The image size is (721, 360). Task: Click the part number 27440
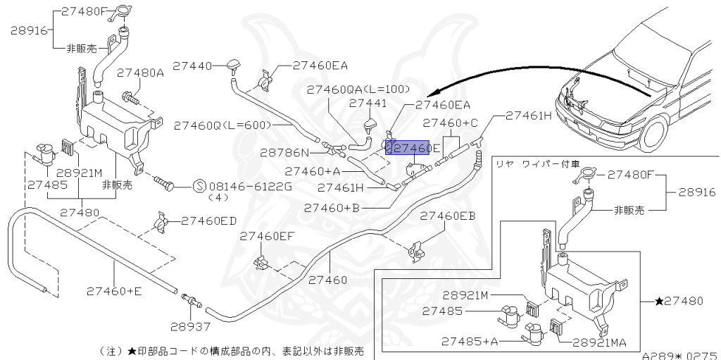[x=192, y=66]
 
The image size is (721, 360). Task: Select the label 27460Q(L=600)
[x=222, y=125]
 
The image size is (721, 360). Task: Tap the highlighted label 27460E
[x=408, y=148]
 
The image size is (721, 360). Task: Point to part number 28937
[x=190, y=327]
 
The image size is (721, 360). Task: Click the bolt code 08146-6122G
[x=251, y=187]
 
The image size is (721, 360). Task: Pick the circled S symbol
[x=199, y=187]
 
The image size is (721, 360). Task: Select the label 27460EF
[x=267, y=236]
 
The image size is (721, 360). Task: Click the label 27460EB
[x=448, y=216]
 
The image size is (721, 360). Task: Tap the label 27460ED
[x=208, y=221]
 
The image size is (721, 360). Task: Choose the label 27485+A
[x=470, y=341]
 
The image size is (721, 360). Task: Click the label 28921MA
[x=600, y=342]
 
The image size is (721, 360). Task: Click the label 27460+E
[x=115, y=291]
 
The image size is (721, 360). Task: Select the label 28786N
[x=284, y=152]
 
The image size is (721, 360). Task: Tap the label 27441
[x=368, y=103]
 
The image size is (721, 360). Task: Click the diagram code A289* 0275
[x=681, y=355]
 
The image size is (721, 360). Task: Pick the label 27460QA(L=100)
[x=358, y=89]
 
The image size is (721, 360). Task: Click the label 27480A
[x=140, y=73]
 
